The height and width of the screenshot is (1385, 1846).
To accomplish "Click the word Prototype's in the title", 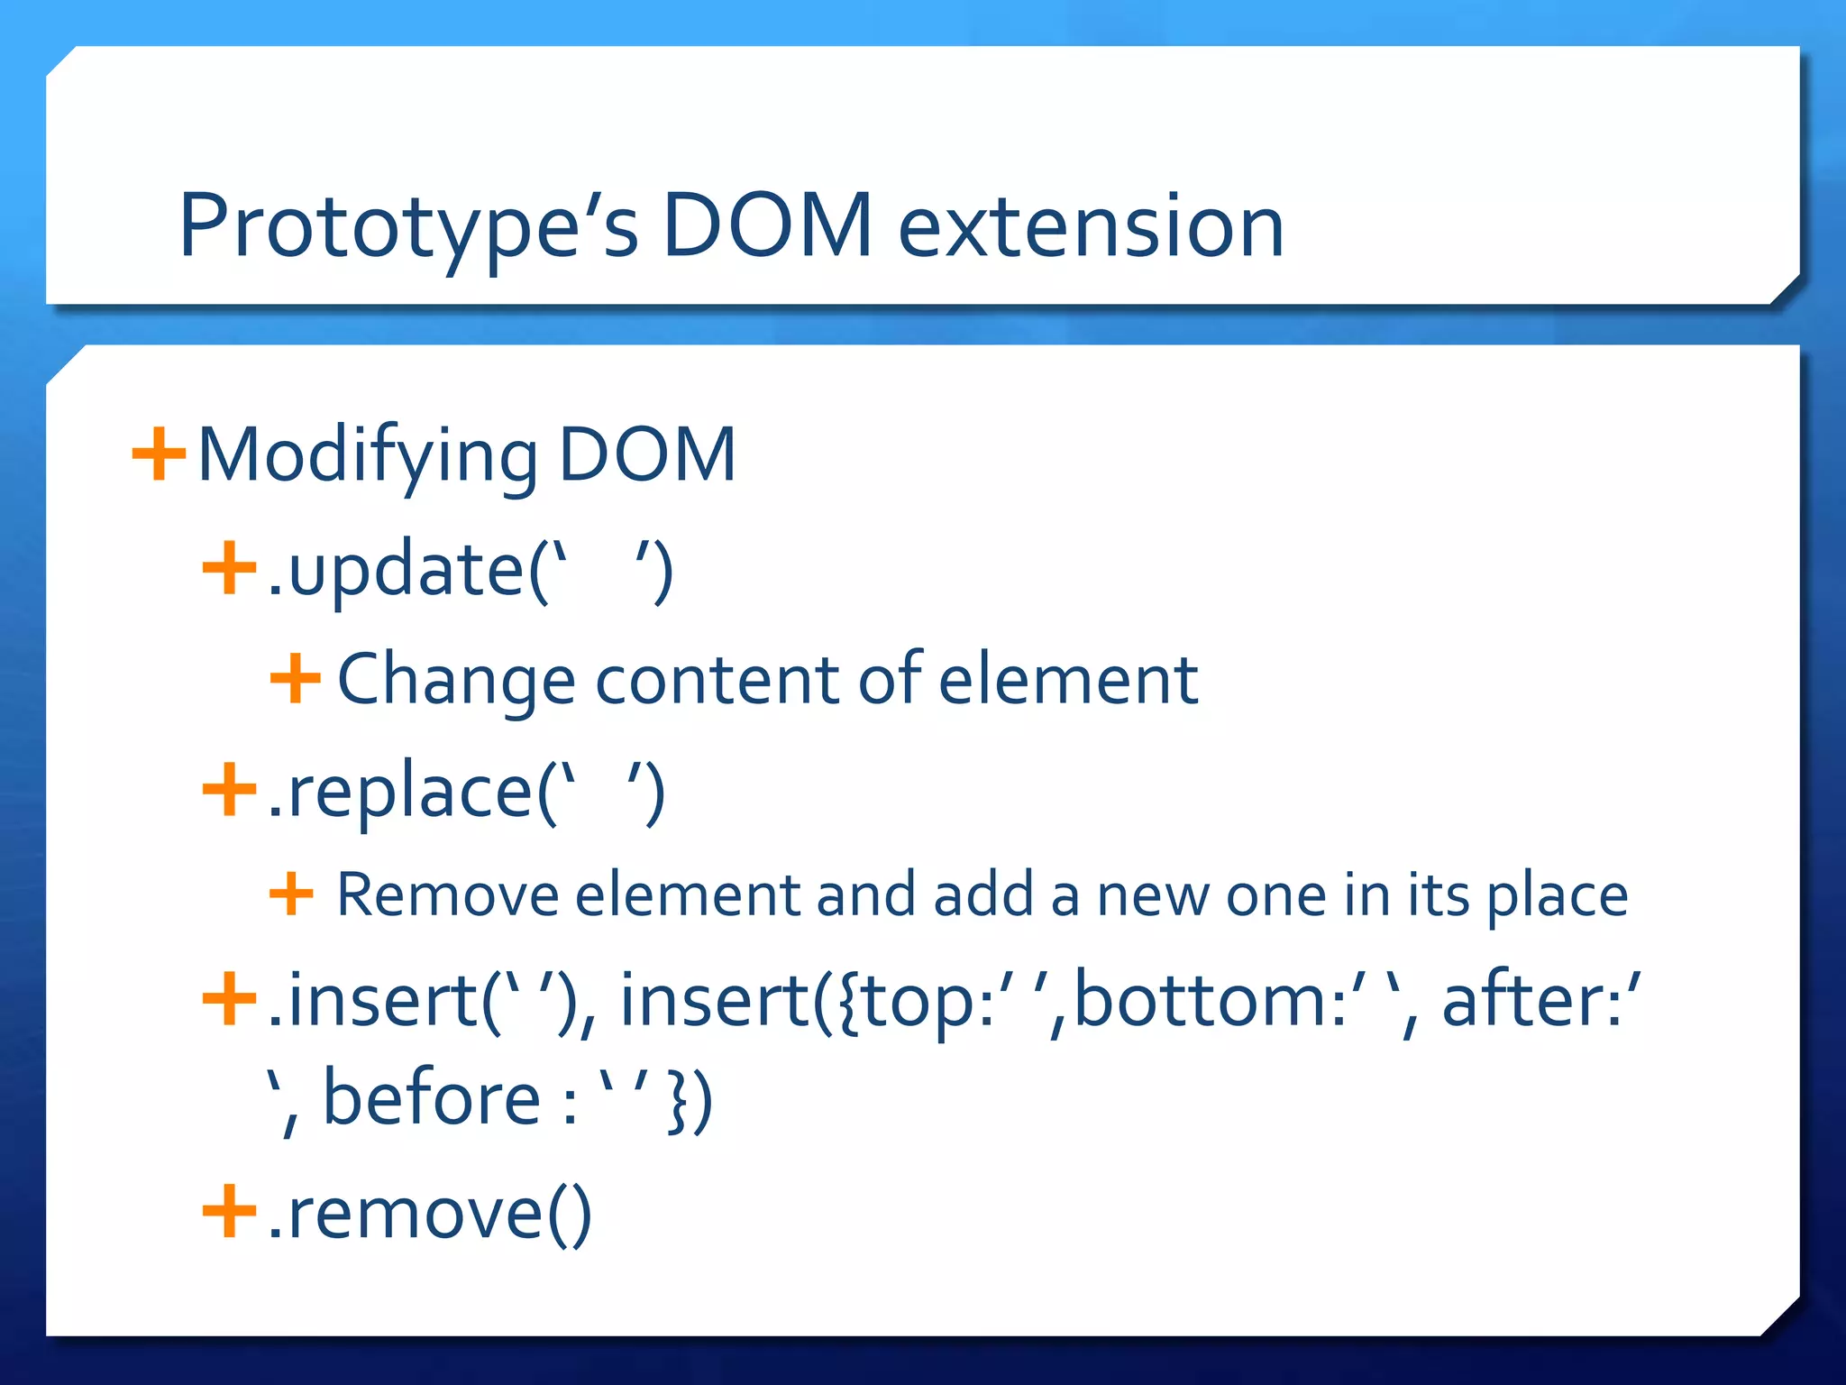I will (408, 227).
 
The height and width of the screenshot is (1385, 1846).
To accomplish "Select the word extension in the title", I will (1091, 227).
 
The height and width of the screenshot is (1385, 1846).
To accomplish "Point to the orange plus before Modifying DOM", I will (159, 454).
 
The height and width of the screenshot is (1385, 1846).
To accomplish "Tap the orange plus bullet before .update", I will (230, 569).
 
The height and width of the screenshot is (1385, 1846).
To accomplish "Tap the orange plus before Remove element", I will (291, 894).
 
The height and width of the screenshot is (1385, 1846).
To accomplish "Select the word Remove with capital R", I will (447, 895).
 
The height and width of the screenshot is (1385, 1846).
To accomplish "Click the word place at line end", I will (1557, 897).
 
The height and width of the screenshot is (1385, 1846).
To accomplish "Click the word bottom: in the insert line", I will (1211, 1003).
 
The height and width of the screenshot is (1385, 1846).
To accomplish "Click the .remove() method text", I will (429, 1215).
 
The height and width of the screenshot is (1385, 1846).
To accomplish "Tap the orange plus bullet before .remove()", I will (230, 1213).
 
